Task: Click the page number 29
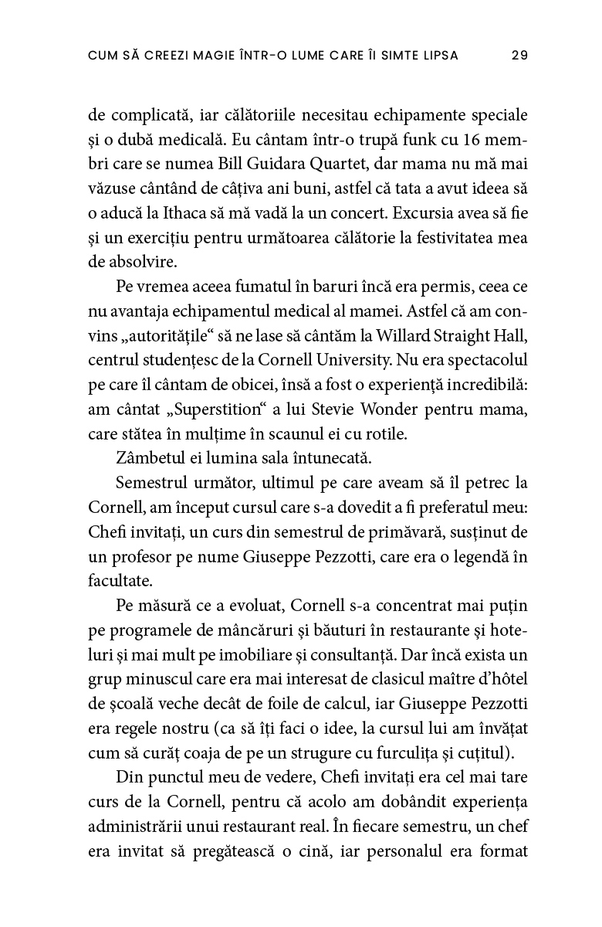pos(519,56)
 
